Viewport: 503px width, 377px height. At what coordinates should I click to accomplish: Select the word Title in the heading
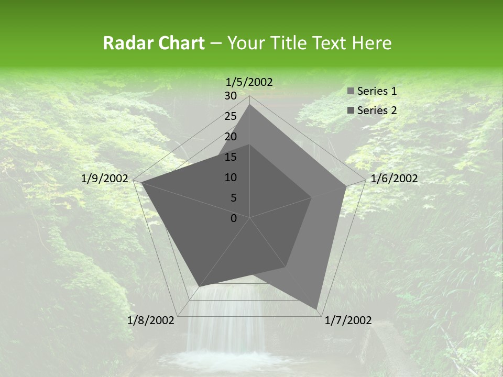pyautogui.click(x=288, y=43)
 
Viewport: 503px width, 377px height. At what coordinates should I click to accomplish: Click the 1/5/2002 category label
pyautogui.click(x=249, y=82)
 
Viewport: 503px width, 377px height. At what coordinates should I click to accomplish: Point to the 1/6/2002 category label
pyautogui.click(x=394, y=179)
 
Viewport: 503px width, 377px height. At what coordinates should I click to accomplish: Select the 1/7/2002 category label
pyautogui.click(x=348, y=320)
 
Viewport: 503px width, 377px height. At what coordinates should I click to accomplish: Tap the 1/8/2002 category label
pyautogui.click(x=150, y=320)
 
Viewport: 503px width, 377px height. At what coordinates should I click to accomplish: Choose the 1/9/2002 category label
pyautogui.click(x=105, y=179)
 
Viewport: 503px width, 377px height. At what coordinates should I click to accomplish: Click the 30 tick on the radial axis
pyautogui.click(x=231, y=96)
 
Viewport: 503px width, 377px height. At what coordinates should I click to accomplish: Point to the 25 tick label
pyautogui.click(x=231, y=116)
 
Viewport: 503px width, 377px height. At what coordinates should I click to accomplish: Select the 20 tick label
pyautogui.click(x=231, y=137)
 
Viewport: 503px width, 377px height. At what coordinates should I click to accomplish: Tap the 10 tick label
pyautogui.click(x=231, y=178)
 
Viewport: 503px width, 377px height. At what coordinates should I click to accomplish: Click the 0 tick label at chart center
pyautogui.click(x=234, y=218)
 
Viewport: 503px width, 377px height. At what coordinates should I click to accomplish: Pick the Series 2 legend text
pyautogui.click(x=377, y=110)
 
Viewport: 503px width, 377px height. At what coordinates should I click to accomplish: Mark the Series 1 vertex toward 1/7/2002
pyautogui.click(x=317, y=309)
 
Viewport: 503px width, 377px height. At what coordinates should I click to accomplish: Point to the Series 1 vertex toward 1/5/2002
pyautogui.click(x=250, y=104)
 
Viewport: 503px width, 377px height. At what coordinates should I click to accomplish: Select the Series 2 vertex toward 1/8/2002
pyautogui.click(x=199, y=287)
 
